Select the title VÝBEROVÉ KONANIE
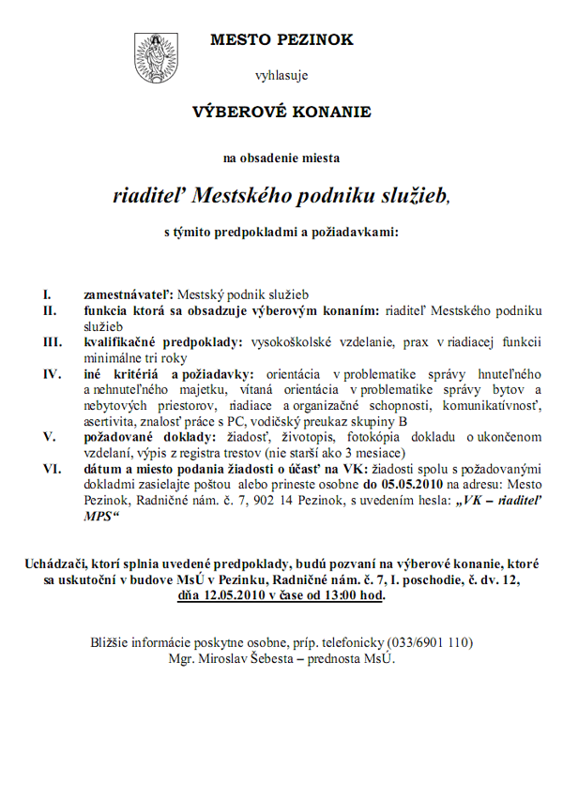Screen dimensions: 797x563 point(281,112)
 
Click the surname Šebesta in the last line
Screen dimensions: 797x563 point(261,658)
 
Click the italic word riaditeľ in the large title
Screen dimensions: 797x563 point(150,194)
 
